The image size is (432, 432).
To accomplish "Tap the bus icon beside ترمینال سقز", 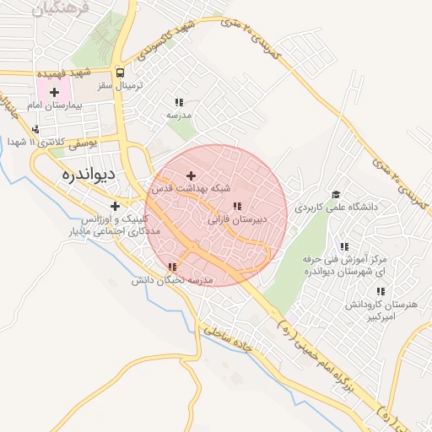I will (x=121, y=73).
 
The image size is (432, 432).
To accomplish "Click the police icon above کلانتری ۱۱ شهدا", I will (x=35, y=130).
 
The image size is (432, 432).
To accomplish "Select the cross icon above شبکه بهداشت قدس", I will (x=192, y=175).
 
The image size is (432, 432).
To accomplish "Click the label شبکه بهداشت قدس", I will (x=192, y=189).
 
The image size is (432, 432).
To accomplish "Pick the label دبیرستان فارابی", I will (x=237, y=219).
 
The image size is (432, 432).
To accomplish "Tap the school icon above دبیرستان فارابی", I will (x=237, y=206).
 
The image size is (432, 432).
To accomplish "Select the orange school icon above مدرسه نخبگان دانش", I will (x=173, y=267).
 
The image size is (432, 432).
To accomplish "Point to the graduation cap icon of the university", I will (x=335, y=193).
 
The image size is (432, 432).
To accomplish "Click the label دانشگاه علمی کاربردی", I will (x=338, y=207).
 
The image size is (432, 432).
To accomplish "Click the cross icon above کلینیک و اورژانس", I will (x=115, y=206).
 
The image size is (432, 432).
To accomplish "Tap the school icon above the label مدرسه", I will (x=179, y=101).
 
